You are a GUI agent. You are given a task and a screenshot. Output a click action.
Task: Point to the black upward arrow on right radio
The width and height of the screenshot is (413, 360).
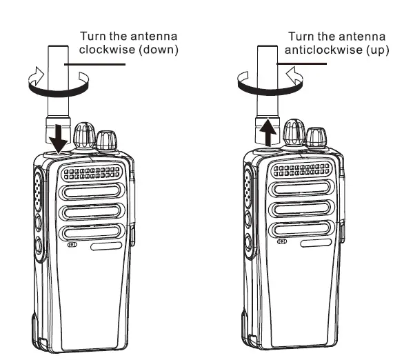click(x=270, y=132)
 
